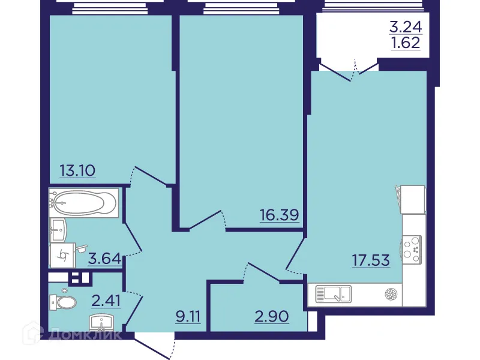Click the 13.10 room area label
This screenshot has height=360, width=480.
point(77,170)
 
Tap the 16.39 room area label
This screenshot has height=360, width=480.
point(279,214)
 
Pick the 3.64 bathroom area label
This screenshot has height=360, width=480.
point(104,259)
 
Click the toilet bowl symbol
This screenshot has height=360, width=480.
point(65,301)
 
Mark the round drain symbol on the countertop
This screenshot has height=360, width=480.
point(391,294)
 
